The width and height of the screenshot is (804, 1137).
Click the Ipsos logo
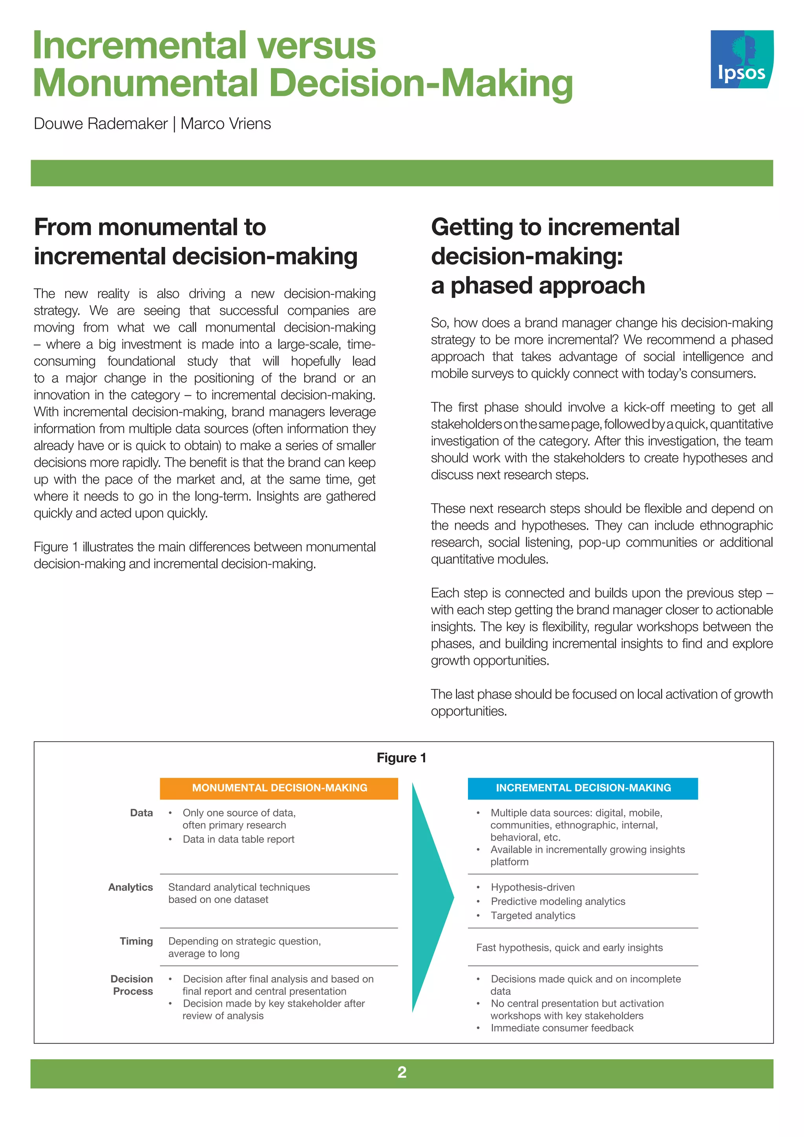click(x=742, y=59)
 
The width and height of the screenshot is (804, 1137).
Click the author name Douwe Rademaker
click(x=100, y=124)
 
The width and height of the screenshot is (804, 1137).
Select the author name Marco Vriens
click(x=226, y=124)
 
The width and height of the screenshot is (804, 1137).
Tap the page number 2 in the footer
click(x=402, y=1072)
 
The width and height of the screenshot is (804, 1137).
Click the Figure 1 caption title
click(x=402, y=758)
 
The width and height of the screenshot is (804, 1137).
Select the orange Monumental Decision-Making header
click(x=279, y=788)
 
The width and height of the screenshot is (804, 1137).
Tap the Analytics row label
click(x=131, y=887)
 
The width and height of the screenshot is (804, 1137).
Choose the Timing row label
click(x=136, y=941)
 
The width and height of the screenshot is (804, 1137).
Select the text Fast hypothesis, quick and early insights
click(x=569, y=947)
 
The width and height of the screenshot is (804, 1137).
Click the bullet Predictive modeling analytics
click(x=558, y=901)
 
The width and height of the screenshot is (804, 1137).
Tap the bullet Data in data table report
click(x=238, y=839)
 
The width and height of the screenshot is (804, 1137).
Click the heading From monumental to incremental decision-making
click(x=196, y=242)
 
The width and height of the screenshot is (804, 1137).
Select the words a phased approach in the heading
click(x=538, y=286)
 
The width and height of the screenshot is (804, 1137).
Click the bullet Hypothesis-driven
click(x=533, y=887)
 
